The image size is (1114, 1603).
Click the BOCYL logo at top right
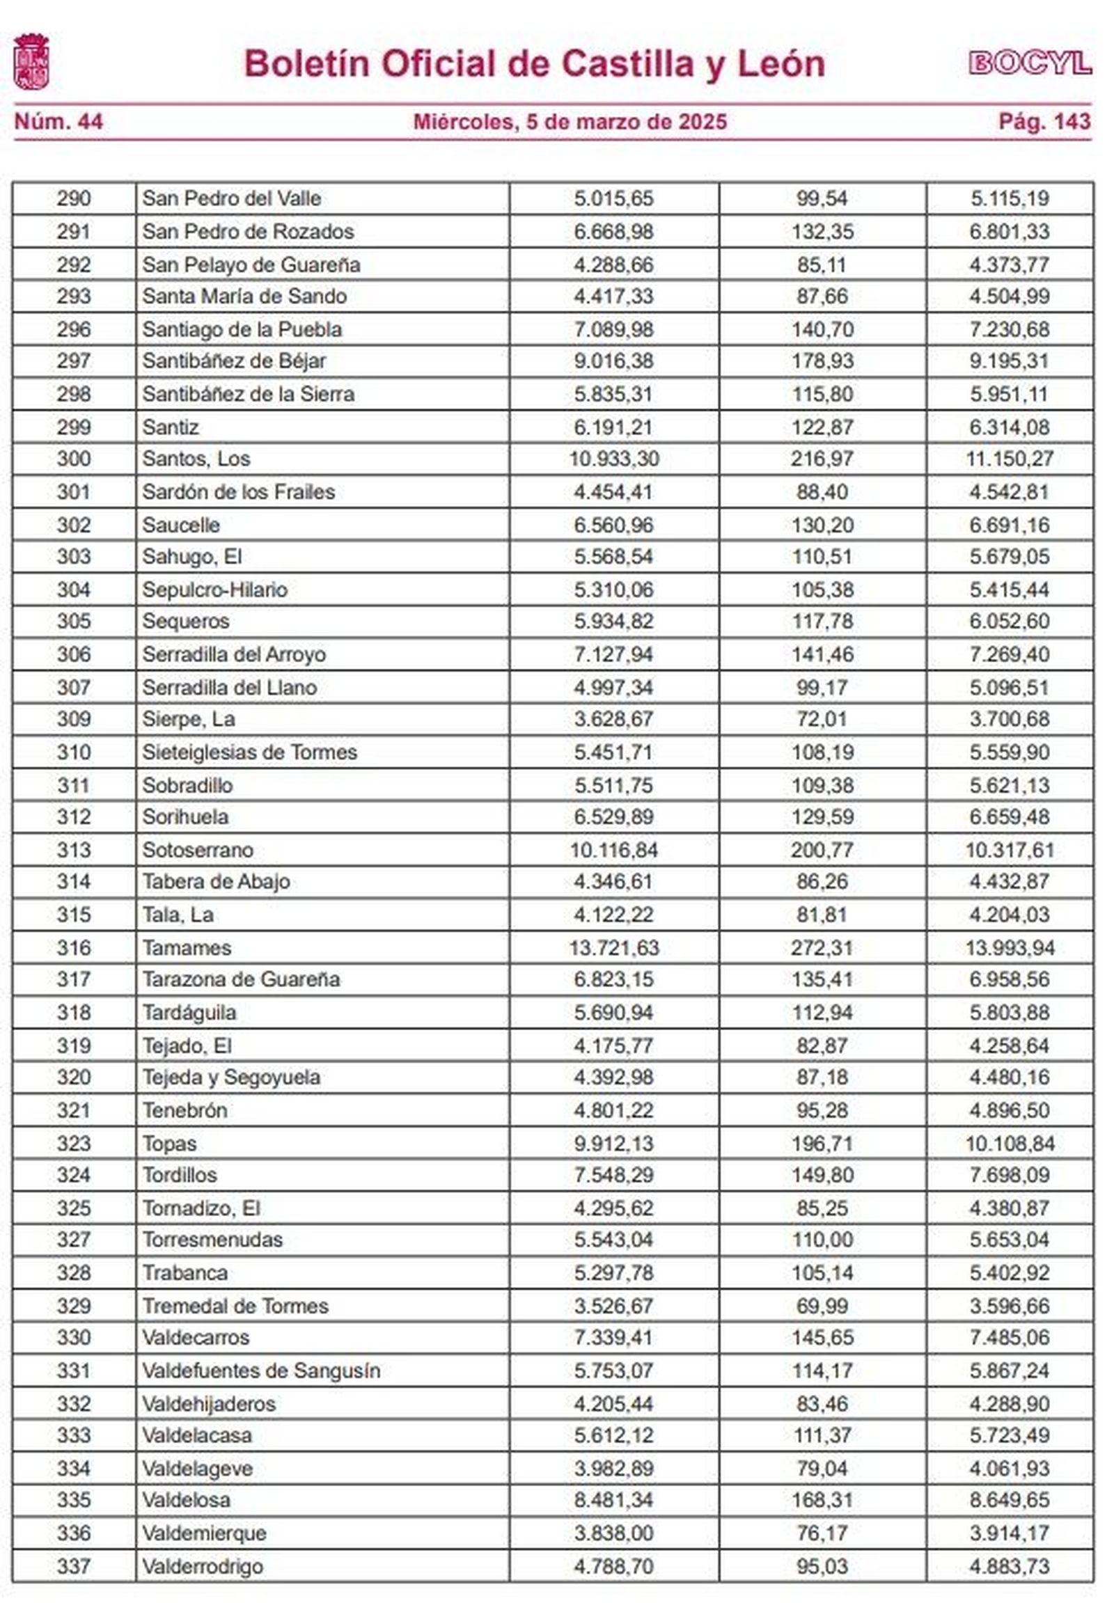pyautogui.click(x=1030, y=63)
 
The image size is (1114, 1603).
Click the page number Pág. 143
pyautogui.click(x=1044, y=122)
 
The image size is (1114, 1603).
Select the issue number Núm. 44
pyautogui.click(x=58, y=122)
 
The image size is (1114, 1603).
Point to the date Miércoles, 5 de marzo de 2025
pyautogui.click(x=570, y=122)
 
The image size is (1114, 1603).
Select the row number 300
pyautogui.click(x=73, y=459)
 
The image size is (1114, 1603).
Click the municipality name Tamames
pyautogui.click(x=187, y=948)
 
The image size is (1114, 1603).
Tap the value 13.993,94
pyautogui.click(x=1010, y=948)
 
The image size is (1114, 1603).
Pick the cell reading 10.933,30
pyautogui.click(x=613, y=459)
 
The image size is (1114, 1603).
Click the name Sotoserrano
pyautogui.click(x=198, y=850)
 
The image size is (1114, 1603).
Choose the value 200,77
pyautogui.click(x=822, y=850)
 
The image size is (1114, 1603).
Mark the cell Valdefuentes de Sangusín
pyautogui.click(x=261, y=1371)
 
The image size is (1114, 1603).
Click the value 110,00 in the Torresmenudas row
pyautogui.click(x=822, y=1240)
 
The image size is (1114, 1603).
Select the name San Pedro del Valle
pyautogui.click(x=232, y=198)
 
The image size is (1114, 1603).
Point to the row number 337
pyautogui.click(x=73, y=1566)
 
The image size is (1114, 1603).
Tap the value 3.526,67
pyautogui.click(x=613, y=1306)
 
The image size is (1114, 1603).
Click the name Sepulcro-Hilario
pyautogui.click(x=214, y=590)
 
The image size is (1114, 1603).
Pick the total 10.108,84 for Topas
pyautogui.click(x=1010, y=1143)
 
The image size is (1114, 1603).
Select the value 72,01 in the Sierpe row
pyautogui.click(x=822, y=719)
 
